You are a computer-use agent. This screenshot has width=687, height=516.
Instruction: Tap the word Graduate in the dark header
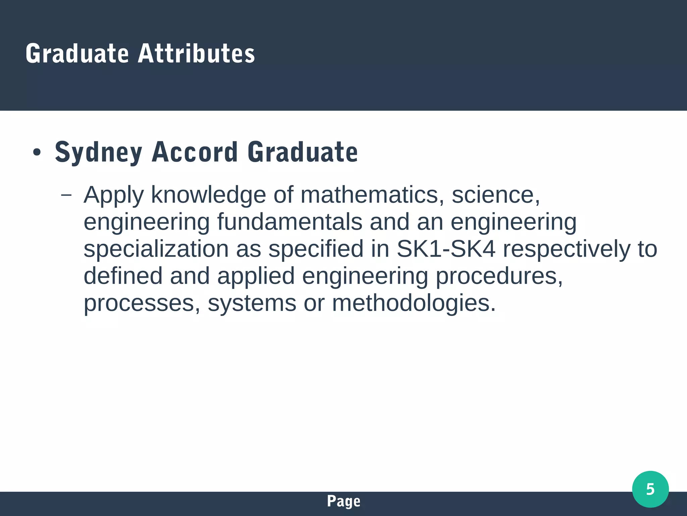coord(77,53)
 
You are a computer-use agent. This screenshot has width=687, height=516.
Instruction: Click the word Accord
coord(195,152)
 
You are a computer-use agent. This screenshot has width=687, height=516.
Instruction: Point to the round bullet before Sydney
coord(37,153)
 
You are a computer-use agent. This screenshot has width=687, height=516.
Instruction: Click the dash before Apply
coord(66,195)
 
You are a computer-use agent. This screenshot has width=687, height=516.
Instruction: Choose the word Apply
coord(114,195)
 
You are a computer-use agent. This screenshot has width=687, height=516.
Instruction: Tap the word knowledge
coord(208,195)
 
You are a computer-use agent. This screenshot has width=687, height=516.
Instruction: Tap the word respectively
coord(567,249)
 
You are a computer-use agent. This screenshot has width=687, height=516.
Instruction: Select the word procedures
coord(499,276)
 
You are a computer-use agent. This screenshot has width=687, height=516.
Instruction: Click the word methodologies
coord(414,303)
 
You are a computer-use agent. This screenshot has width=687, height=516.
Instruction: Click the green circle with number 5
coord(650,489)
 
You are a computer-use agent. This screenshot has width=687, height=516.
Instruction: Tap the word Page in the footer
coord(343,501)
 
